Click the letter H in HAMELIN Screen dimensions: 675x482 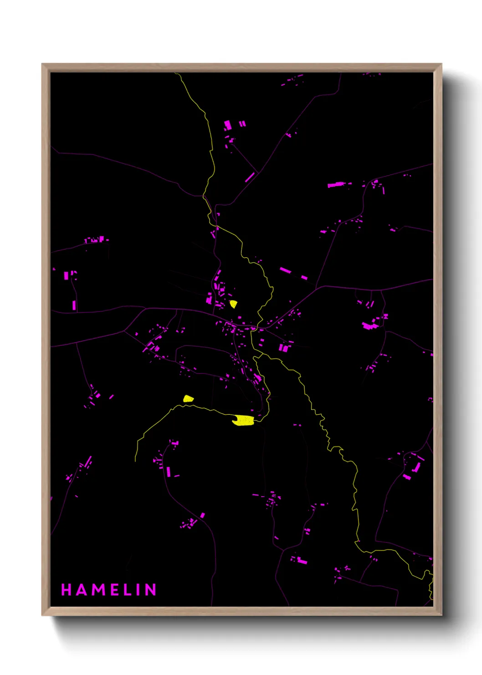click(x=66, y=590)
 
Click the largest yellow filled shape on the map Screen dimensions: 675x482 click(x=243, y=420)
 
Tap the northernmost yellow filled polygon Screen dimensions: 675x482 click(x=233, y=304)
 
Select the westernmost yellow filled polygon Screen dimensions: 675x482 click(x=188, y=399)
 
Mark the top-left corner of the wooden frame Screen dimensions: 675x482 click(x=42, y=64)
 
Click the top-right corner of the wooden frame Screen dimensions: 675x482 click(x=441, y=64)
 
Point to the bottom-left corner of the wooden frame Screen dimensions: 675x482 click(x=42, y=615)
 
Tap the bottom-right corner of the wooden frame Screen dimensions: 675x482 click(x=441, y=615)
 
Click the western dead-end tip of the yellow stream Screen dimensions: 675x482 click(x=135, y=461)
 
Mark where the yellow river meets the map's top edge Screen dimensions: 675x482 click(x=175, y=73)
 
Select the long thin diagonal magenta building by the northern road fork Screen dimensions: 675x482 click(x=250, y=177)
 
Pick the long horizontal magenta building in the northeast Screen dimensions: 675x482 click(x=337, y=184)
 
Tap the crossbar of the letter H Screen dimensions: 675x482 click(x=66, y=590)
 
